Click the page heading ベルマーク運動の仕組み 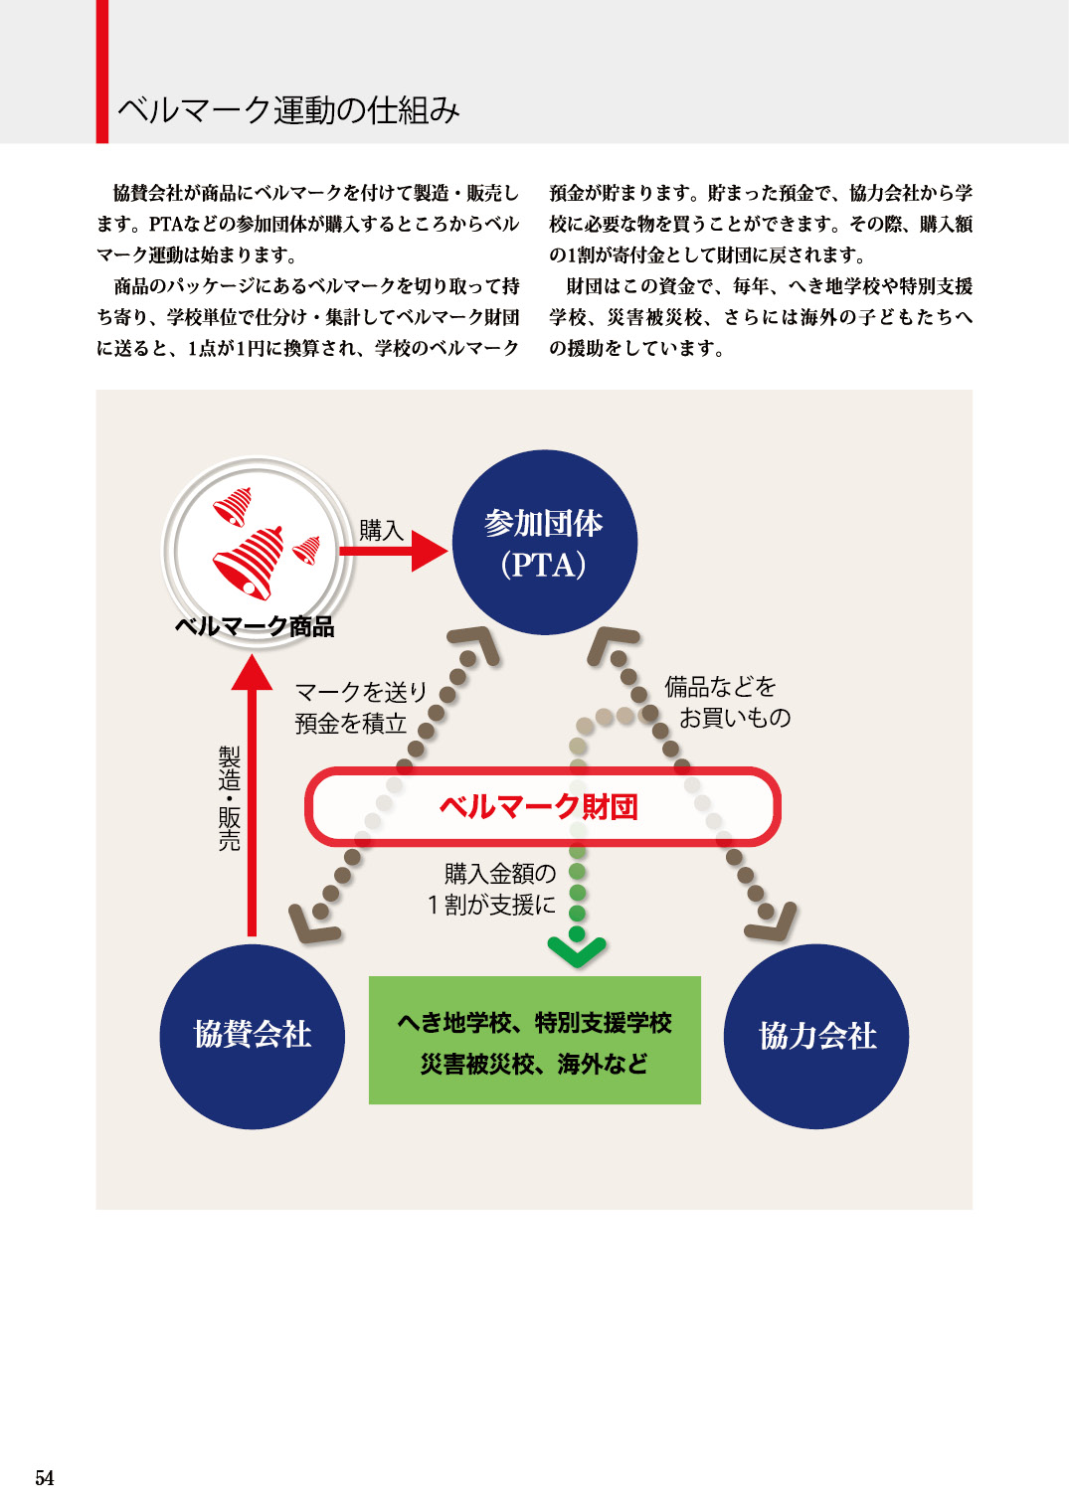pos(288,109)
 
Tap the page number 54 pos(45,1477)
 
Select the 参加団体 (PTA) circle pos(544,543)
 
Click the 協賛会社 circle pos(253,1036)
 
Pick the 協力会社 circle pos(816,1036)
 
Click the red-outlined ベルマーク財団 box pos(542,806)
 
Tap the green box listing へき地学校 pos(535,1041)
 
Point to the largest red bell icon pos(250,562)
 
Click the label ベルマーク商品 pos(255,626)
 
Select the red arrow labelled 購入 pos(393,551)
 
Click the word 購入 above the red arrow pos(381,530)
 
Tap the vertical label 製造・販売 pos(230,798)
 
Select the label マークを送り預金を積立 pos(361,707)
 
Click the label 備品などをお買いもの pos(727,702)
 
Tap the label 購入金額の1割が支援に pos(493,889)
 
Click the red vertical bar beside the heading pos(101,72)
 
